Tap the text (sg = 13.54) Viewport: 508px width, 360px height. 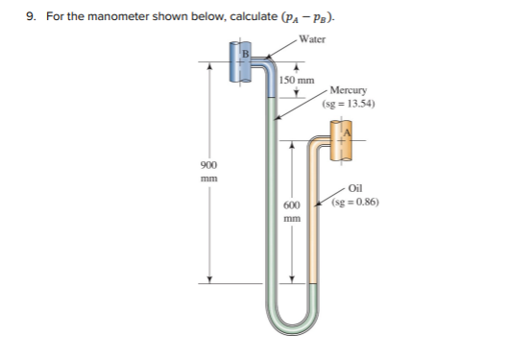[350, 103]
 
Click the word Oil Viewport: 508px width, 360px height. [354, 190]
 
